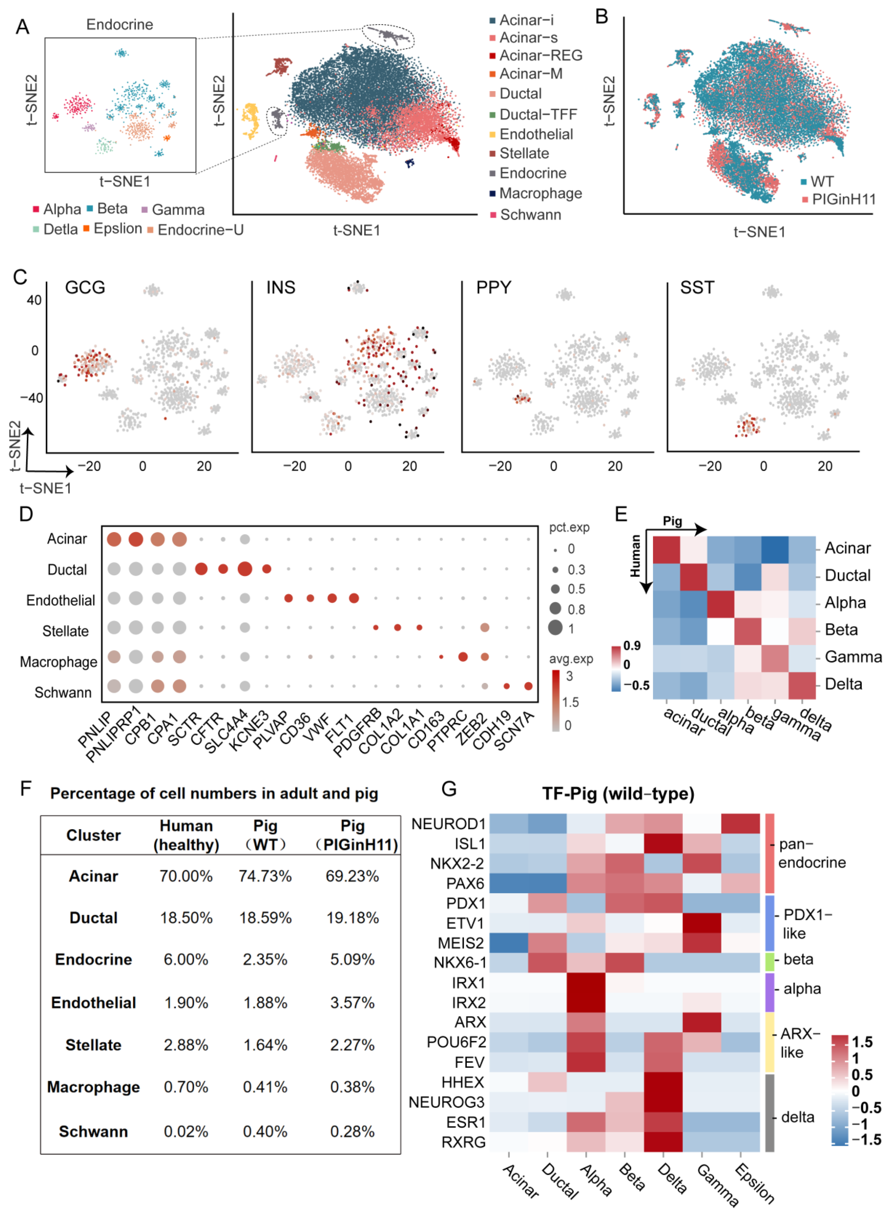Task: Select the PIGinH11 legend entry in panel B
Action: (x=843, y=200)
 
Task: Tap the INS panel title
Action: (x=280, y=288)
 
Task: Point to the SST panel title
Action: (x=697, y=288)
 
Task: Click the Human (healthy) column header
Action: (x=186, y=835)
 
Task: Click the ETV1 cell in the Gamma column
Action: (x=701, y=923)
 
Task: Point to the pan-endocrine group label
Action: (x=812, y=854)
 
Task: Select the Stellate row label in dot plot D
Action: (x=66, y=631)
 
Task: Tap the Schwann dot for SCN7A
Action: (x=528, y=686)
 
